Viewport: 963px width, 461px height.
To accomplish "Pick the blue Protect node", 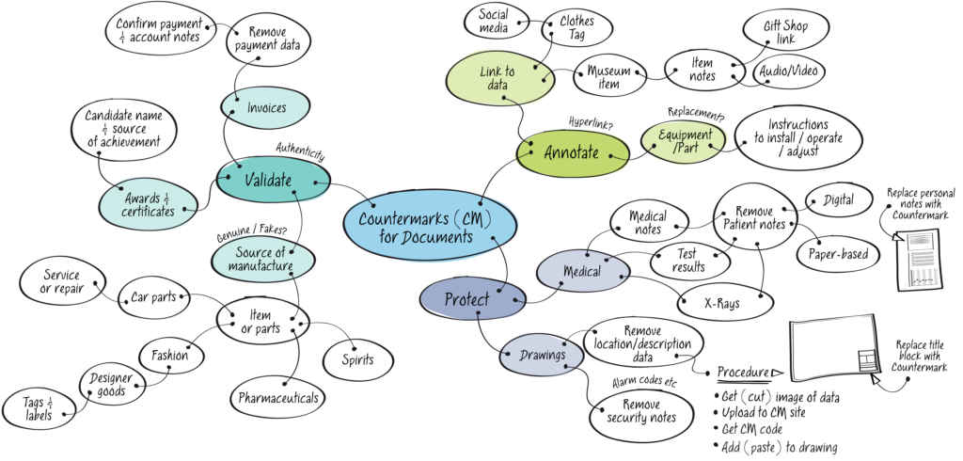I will pos(468,299).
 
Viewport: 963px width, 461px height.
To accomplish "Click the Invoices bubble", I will pos(266,108).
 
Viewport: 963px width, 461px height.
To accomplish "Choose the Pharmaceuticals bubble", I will pos(278,398).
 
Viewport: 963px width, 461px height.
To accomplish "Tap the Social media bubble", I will pos(494,22).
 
